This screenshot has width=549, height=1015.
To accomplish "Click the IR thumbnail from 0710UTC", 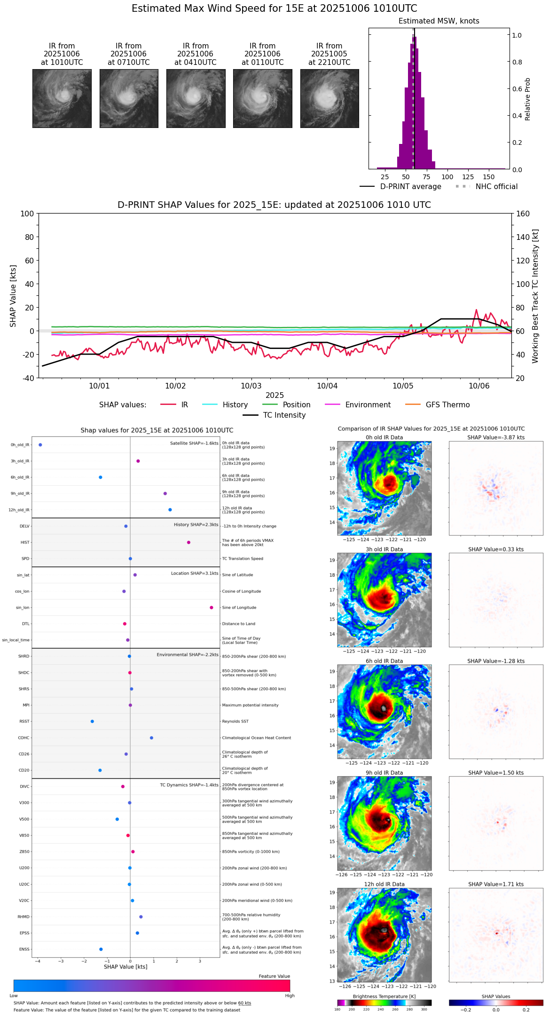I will click(x=129, y=98).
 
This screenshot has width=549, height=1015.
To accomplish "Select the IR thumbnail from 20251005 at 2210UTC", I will click(x=329, y=98).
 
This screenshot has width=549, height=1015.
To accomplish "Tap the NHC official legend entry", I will click(x=496, y=187).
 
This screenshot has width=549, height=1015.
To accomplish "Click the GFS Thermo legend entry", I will click(x=447, y=405).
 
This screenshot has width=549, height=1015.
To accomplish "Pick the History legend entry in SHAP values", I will click(x=235, y=405).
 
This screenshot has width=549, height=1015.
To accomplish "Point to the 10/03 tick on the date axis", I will click(x=251, y=386).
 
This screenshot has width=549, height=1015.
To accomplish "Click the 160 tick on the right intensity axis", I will click(x=523, y=214).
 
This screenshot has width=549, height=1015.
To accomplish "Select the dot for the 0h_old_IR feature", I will click(x=40, y=445).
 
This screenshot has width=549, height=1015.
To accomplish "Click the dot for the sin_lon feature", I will click(x=212, y=608).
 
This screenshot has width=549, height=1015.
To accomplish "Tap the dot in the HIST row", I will click(x=188, y=542).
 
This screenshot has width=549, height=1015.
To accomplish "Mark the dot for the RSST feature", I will click(x=92, y=722).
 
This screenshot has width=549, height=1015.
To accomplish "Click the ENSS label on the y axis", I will click(x=24, y=949).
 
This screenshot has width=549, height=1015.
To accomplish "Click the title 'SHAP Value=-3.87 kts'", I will click(x=496, y=437).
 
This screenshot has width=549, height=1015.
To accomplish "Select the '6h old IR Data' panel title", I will click(x=384, y=661).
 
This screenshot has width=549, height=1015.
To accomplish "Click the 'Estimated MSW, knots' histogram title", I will click(x=439, y=21).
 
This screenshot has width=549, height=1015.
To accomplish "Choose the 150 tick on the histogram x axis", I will click(x=489, y=177).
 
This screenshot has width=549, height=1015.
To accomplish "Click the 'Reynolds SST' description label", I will click(x=235, y=722).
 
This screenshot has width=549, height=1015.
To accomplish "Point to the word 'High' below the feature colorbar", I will click(x=290, y=996).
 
